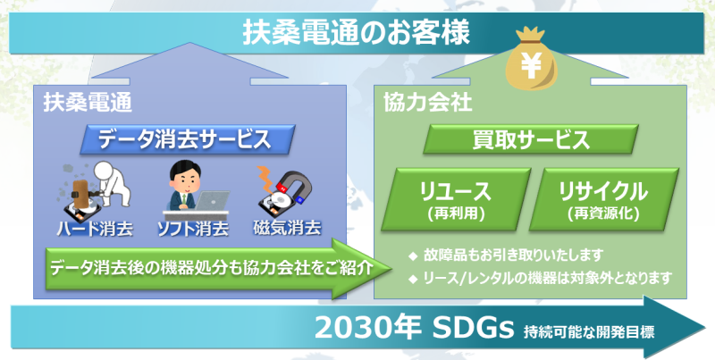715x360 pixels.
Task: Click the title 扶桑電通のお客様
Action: point(356,33)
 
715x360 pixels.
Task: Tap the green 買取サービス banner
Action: point(531,139)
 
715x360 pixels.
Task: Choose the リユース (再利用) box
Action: point(456,199)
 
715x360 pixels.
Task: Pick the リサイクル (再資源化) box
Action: point(604,199)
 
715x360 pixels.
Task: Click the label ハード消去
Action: point(95,229)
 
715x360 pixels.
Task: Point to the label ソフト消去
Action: point(193,229)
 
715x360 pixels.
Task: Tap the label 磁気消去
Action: point(287,228)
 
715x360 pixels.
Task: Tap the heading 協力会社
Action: point(428,104)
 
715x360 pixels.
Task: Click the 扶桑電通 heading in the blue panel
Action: point(88,104)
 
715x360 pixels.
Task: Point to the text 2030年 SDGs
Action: point(414,328)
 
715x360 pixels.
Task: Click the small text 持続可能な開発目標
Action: point(589,331)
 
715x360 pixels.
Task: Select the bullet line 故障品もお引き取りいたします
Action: point(506,255)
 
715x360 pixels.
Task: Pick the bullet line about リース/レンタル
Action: point(541,277)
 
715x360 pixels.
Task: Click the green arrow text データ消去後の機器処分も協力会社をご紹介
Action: point(211,268)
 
